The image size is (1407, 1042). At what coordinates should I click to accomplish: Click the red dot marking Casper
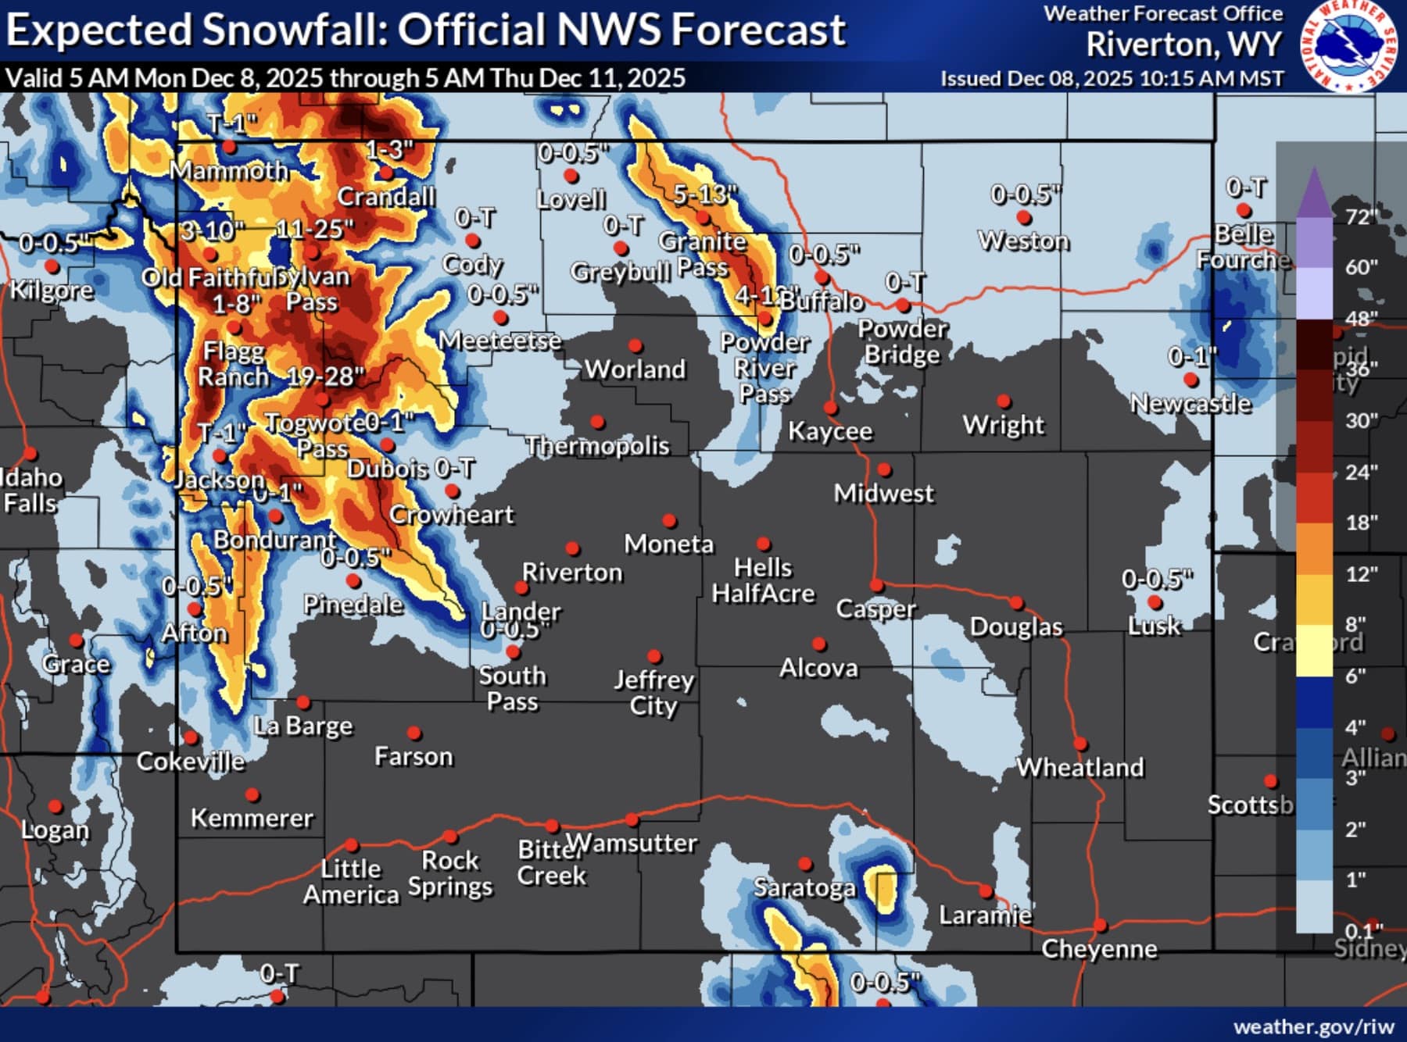click(x=877, y=586)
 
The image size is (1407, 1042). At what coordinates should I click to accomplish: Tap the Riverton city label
click(x=572, y=573)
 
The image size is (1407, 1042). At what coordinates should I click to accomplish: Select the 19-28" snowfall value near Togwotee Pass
click(x=325, y=376)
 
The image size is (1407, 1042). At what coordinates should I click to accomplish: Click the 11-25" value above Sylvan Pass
click(x=315, y=229)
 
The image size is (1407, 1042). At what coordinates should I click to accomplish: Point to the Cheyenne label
click(x=1099, y=949)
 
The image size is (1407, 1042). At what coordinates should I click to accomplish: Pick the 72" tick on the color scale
click(x=1360, y=216)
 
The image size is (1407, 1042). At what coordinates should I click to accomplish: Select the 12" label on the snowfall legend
click(x=1361, y=574)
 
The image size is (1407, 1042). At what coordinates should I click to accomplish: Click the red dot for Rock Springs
click(x=450, y=837)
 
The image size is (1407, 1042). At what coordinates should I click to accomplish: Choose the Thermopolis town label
click(x=597, y=446)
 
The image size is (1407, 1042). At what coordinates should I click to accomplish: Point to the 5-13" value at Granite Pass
click(x=705, y=194)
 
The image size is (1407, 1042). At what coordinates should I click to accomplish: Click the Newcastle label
click(x=1190, y=404)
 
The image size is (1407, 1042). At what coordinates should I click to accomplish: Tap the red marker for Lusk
click(x=1155, y=602)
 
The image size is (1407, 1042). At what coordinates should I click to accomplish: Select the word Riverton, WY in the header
click(x=1183, y=45)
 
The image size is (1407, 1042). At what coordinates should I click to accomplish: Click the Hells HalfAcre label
click(x=763, y=580)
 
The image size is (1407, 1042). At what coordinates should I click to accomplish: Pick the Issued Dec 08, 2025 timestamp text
click(x=1112, y=79)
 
